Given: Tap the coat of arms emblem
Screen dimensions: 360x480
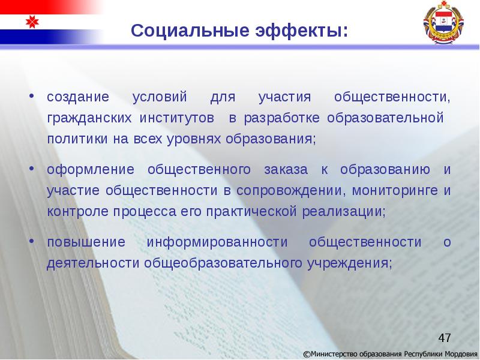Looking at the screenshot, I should point(443,24).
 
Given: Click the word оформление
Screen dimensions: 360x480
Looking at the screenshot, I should point(86,170).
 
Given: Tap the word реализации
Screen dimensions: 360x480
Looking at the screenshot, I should point(350,212).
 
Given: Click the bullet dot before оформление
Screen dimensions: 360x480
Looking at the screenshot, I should point(32,170).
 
